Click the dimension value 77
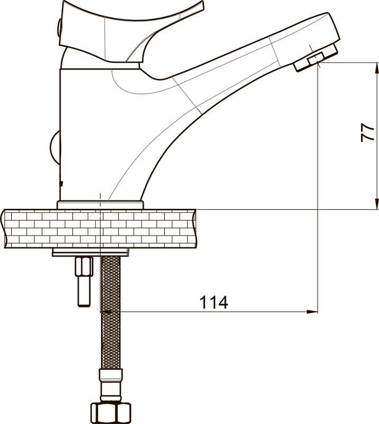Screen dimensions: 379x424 coord(368,132)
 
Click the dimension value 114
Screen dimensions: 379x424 coord(214,302)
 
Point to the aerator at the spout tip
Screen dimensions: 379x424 coord(315,58)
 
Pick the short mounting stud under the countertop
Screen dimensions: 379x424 coord(85,281)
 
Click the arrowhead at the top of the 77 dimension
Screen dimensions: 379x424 coord(376,68)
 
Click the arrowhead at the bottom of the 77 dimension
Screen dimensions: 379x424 coord(376,204)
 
